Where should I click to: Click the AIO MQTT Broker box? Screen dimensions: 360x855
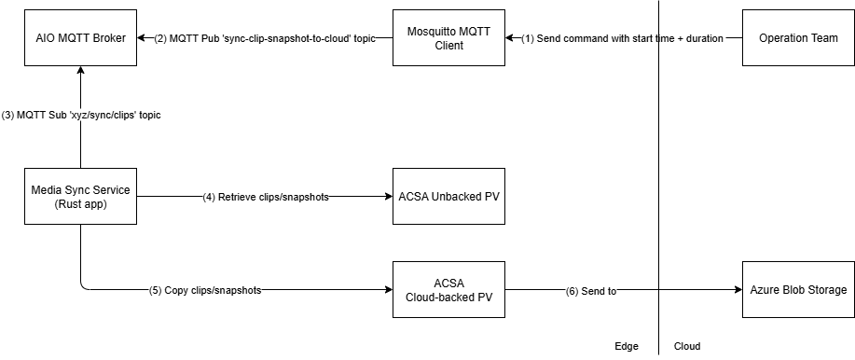click(82, 38)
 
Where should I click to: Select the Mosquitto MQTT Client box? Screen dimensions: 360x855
click(448, 38)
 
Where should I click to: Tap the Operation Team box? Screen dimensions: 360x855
click(798, 38)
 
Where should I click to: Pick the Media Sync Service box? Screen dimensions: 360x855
click(82, 197)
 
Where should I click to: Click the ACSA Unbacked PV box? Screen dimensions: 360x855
click(448, 197)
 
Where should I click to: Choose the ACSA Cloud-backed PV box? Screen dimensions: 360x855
click(448, 290)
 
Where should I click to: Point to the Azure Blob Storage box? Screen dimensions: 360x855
click(798, 290)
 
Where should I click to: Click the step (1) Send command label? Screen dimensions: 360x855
click(623, 38)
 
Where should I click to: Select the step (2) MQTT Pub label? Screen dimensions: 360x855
click(264, 38)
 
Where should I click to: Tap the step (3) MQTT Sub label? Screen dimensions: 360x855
click(82, 114)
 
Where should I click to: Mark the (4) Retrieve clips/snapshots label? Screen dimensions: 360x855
click(266, 197)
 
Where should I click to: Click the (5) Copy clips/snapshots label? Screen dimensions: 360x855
click(205, 290)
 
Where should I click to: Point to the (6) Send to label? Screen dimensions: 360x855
click(591, 291)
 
